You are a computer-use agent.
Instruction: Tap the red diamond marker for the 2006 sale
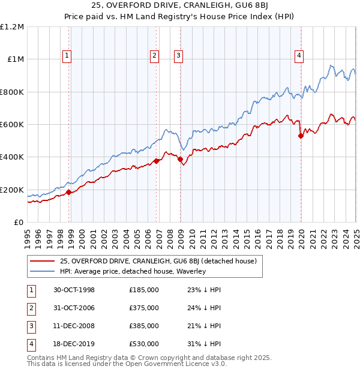[157, 161]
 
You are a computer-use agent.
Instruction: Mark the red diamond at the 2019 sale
[301, 136]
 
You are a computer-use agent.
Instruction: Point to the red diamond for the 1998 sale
[68, 192]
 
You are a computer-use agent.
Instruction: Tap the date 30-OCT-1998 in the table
[74, 290]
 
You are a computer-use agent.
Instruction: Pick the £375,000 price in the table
[144, 308]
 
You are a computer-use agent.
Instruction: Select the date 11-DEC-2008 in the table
[74, 326]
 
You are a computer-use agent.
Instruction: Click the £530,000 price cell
[144, 344]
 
